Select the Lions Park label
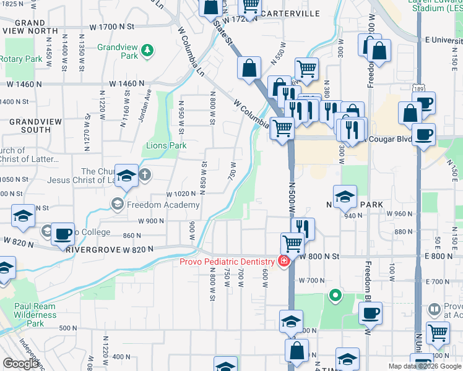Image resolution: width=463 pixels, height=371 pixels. (x=166, y=146)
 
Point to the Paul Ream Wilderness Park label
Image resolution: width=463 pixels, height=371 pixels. (x=35, y=314)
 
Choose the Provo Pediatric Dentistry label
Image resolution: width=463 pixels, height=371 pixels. (x=227, y=262)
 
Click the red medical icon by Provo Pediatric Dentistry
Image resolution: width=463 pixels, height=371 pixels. (x=284, y=262)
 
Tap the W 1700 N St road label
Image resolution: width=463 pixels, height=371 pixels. (x=112, y=27)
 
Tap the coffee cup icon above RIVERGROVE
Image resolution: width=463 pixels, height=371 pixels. (x=63, y=234)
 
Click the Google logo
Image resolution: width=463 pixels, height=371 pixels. (x=21, y=364)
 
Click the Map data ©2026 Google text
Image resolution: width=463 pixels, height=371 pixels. (x=424, y=366)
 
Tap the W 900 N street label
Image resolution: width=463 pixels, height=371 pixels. (x=151, y=221)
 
